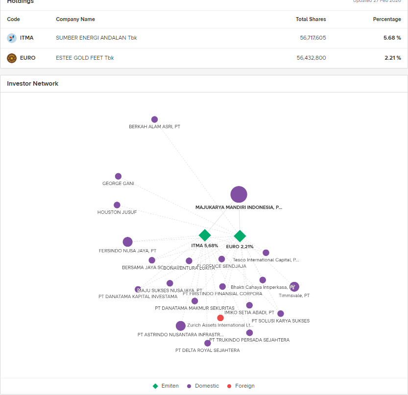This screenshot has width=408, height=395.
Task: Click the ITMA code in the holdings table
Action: (x=26, y=38)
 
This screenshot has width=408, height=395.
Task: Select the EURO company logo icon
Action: (x=12, y=58)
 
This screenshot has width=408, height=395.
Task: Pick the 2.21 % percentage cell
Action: (x=392, y=58)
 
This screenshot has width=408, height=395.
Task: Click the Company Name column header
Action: (x=75, y=19)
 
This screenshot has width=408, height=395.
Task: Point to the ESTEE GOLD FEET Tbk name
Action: (x=85, y=58)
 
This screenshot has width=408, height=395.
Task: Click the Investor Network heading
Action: (x=32, y=84)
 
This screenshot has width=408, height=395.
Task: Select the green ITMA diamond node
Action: (x=205, y=235)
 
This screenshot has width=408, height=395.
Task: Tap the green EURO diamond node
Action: (x=240, y=236)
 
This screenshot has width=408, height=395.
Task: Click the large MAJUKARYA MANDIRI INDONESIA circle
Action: (x=239, y=194)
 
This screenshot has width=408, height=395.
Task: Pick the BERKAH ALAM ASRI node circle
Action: (x=155, y=119)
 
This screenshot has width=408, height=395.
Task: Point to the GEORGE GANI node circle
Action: (x=118, y=176)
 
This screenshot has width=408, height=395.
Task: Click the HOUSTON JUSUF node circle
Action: (x=117, y=205)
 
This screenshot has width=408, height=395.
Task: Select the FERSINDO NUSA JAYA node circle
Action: (x=128, y=242)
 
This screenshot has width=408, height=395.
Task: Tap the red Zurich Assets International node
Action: (x=220, y=318)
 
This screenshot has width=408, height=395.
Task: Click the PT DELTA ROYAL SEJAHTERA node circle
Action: (x=208, y=343)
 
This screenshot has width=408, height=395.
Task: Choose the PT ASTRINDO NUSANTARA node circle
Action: (x=181, y=326)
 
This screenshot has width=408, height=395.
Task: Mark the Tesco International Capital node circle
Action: (x=266, y=253)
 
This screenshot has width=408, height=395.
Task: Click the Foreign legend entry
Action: (x=240, y=386)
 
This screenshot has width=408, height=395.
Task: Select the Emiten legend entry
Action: (x=166, y=386)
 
